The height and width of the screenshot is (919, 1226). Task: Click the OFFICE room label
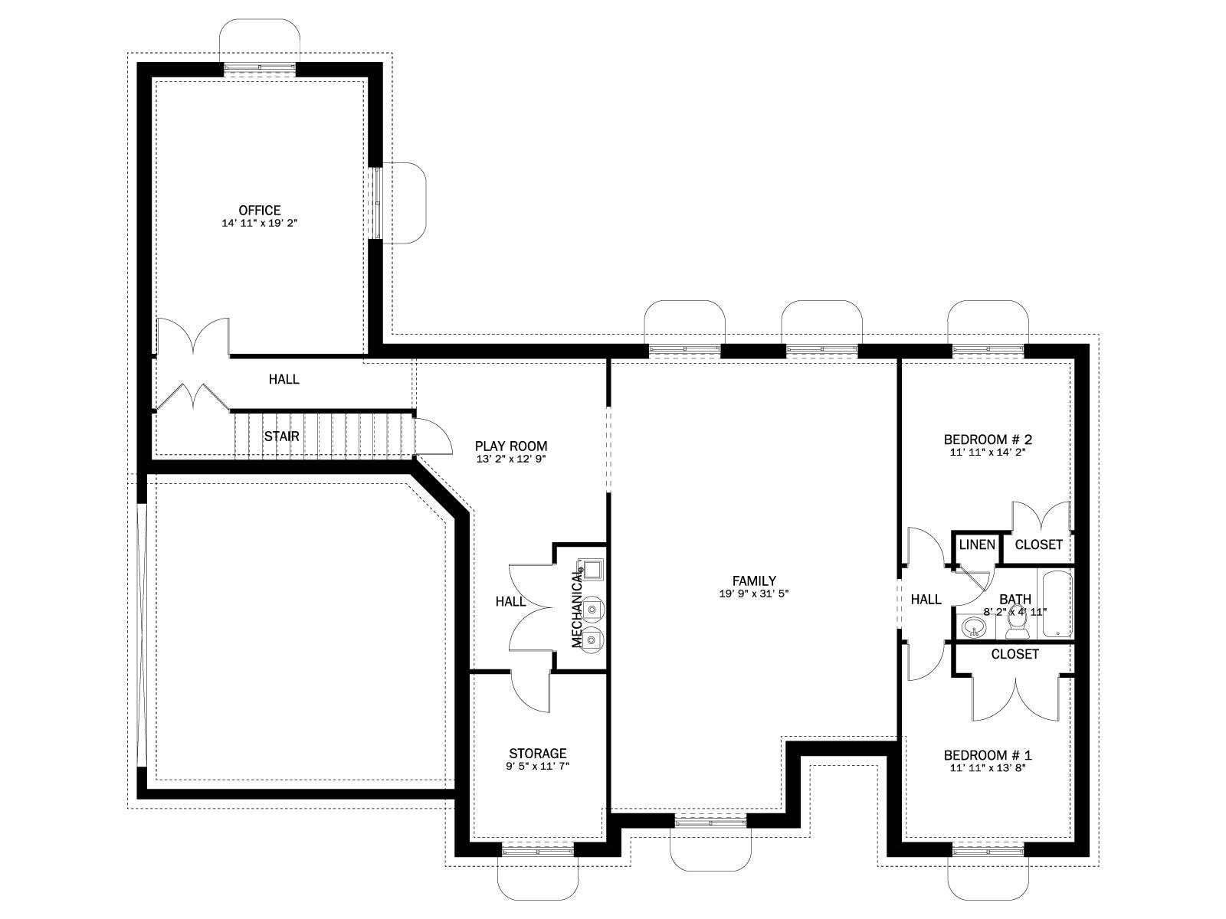tap(260, 211)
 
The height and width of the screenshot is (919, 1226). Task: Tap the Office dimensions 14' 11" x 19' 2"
tap(260, 223)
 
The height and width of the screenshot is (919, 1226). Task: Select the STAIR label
tap(281, 437)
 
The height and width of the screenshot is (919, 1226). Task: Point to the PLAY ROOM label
tap(511, 446)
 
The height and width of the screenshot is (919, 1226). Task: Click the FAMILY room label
tap(754, 581)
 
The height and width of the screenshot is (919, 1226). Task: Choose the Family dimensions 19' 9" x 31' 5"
tap(754, 594)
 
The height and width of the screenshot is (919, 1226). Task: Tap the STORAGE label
tap(538, 754)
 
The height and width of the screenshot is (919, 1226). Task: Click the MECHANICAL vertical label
tap(577, 607)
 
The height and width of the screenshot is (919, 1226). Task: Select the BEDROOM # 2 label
tap(988, 439)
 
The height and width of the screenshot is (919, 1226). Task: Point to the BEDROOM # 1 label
tap(988, 755)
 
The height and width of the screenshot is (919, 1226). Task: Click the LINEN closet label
tap(978, 545)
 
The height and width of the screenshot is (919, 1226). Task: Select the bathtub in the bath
tap(1056, 603)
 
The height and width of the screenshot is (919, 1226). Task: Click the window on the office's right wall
tap(378, 203)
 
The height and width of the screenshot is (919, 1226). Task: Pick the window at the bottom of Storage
tap(538, 850)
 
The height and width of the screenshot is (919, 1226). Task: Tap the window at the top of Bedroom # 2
tap(988, 350)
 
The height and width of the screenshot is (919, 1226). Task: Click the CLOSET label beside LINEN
tap(1039, 545)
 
